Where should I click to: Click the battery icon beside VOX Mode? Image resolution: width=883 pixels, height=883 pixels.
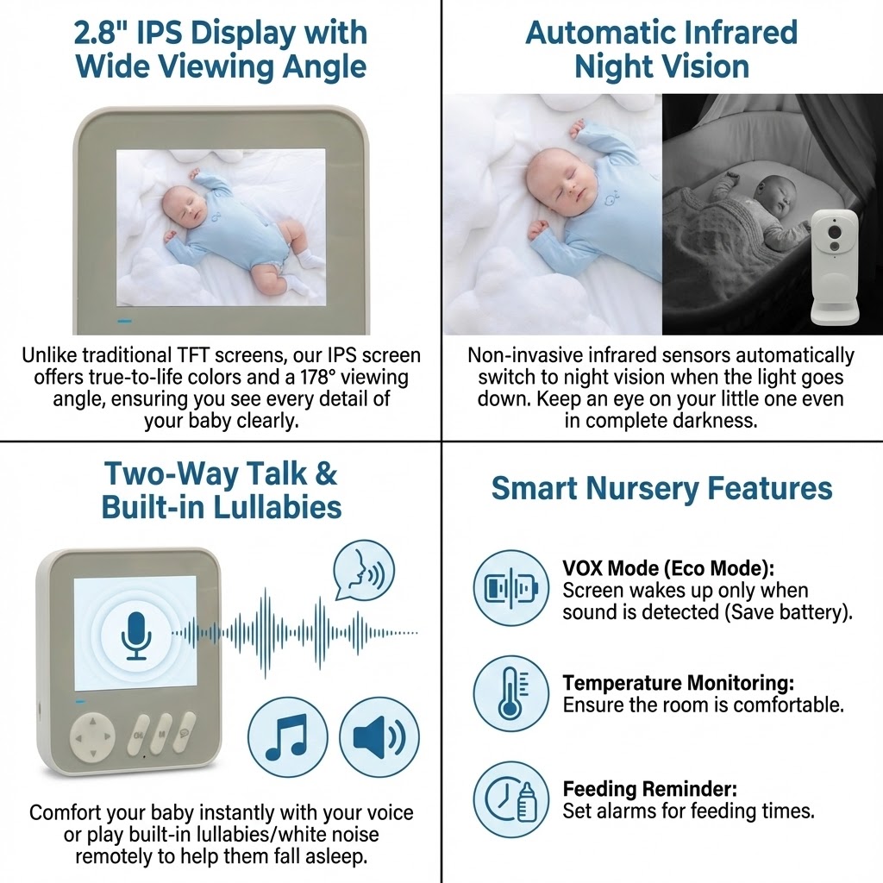[510, 588]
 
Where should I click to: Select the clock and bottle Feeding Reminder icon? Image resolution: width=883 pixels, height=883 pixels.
[510, 799]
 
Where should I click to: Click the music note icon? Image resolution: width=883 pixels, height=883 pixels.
[288, 737]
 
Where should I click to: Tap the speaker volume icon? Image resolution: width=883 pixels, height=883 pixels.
[379, 737]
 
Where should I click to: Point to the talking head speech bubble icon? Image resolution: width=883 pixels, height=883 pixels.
[364, 572]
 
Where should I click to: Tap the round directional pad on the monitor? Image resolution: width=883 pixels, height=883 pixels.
[92, 736]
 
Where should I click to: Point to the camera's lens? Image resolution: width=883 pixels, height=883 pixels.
[835, 233]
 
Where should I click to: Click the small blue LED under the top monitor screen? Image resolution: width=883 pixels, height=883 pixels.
[124, 322]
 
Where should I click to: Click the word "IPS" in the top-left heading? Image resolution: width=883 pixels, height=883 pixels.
[160, 33]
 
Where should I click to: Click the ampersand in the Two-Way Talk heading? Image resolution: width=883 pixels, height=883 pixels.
[325, 473]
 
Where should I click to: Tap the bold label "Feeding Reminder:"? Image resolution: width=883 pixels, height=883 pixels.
[649, 789]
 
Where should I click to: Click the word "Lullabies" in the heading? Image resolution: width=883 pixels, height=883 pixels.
[278, 507]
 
